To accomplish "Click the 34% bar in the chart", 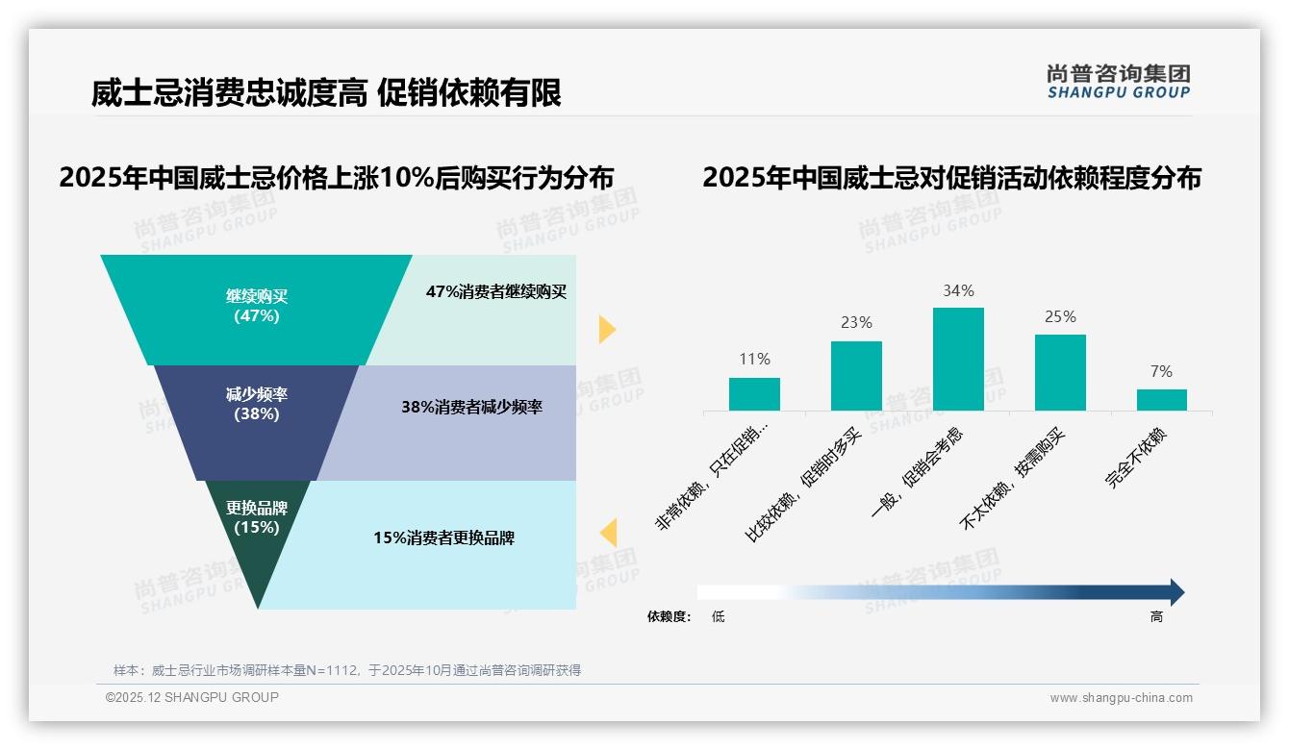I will pyautogui.click(x=958, y=359).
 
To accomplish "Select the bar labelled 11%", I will pyautogui.click(x=754, y=394).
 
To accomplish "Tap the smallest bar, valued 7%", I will pyautogui.click(x=1161, y=400).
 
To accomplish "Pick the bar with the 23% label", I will pyautogui.click(x=856, y=376).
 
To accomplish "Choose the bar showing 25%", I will pyautogui.click(x=1060, y=372).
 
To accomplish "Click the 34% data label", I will pyautogui.click(x=958, y=290).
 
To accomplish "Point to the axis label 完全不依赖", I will pyautogui.click(x=1136, y=459).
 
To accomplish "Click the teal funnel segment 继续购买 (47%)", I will pyautogui.click(x=256, y=306).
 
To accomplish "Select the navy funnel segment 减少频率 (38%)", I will pyautogui.click(x=257, y=405).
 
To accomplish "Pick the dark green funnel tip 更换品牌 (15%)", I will pyautogui.click(x=257, y=524).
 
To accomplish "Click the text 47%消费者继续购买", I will pyautogui.click(x=496, y=291).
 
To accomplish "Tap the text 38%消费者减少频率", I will pyautogui.click(x=471, y=407).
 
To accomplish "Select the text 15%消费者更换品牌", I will pyautogui.click(x=443, y=537).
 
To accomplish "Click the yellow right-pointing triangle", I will pyautogui.click(x=606, y=329).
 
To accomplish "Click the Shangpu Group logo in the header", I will pyautogui.click(x=1118, y=82).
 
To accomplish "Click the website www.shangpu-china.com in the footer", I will pyautogui.click(x=1121, y=698).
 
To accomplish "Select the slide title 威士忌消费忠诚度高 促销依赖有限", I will pyautogui.click(x=326, y=93).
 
